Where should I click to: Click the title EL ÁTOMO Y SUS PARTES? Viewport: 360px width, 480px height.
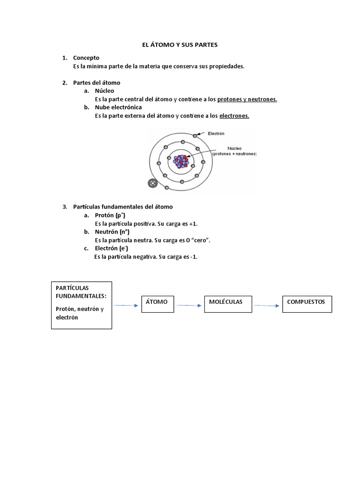coord(180,45)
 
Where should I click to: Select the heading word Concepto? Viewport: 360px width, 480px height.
coord(86,58)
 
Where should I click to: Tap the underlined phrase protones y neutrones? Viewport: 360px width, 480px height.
coord(247,99)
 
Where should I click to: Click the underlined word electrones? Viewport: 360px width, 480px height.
coord(234,116)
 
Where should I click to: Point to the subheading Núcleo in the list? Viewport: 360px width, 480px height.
coord(104,91)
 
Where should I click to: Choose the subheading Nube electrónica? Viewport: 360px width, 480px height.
coord(118,108)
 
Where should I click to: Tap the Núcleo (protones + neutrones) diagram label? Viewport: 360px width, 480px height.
coord(234,151)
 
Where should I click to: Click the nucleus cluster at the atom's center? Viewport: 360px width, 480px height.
coord(181,162)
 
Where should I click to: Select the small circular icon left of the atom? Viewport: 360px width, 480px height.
coord(152,183)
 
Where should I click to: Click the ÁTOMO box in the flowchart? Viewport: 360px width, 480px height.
coord(157,303)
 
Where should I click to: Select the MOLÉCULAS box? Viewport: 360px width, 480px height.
coord(228,303)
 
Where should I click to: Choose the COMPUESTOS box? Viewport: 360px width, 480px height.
coord(307,303)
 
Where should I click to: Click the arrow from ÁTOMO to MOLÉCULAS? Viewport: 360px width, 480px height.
coord(189,306)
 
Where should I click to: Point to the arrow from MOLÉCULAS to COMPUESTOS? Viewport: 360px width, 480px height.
coord(266,306)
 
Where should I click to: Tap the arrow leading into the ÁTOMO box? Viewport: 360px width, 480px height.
coord(127,306)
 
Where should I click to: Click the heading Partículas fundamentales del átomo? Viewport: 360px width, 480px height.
coord(123,207)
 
